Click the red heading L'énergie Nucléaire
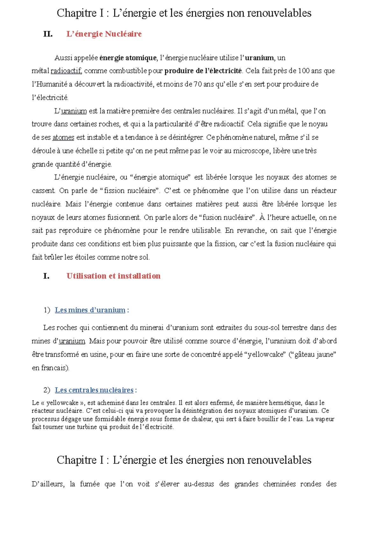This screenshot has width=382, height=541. pyautogui.click(x=104, y=34)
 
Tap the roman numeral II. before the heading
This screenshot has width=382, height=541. pyautogui.click(x=48, y=34)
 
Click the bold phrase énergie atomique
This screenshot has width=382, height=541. pyautogui.click(x=128, y=58)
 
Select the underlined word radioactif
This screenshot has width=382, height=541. pyautogui.click(x=66, y=71)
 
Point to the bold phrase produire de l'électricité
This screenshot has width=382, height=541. pyautogui.click(x=203, y=71)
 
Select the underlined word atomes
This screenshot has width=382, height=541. pyautogui.click(x=63, y=138)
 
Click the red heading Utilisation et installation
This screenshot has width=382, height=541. pyautogui.click(x=113, y=276)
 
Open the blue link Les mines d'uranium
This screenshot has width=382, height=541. pyautogui.click(x=90, y=310)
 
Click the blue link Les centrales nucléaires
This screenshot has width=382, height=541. pyautogui.click(x=94, y=390)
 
